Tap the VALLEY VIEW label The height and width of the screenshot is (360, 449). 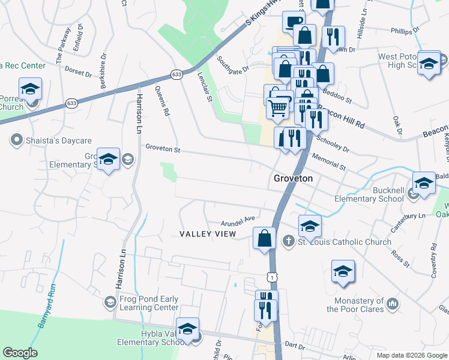click(208, 233)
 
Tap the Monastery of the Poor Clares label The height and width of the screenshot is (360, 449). click(355, 305)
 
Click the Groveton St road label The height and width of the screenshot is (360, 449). click(162, 148)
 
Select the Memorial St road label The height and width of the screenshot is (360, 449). click(330, 161)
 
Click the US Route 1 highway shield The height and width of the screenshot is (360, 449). click(273, 275)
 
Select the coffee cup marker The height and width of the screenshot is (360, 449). click(294, 22)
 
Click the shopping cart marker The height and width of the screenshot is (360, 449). click(277, 108)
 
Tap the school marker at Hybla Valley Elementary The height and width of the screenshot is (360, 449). click(188, 328)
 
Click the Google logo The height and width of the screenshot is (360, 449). click(20, 353)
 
